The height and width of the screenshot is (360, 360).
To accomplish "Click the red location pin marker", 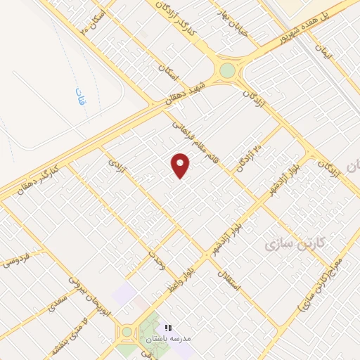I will coord(181,165).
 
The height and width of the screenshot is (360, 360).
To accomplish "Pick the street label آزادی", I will coord(115,163).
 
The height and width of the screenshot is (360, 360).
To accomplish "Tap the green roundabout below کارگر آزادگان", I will coord(226,70).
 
